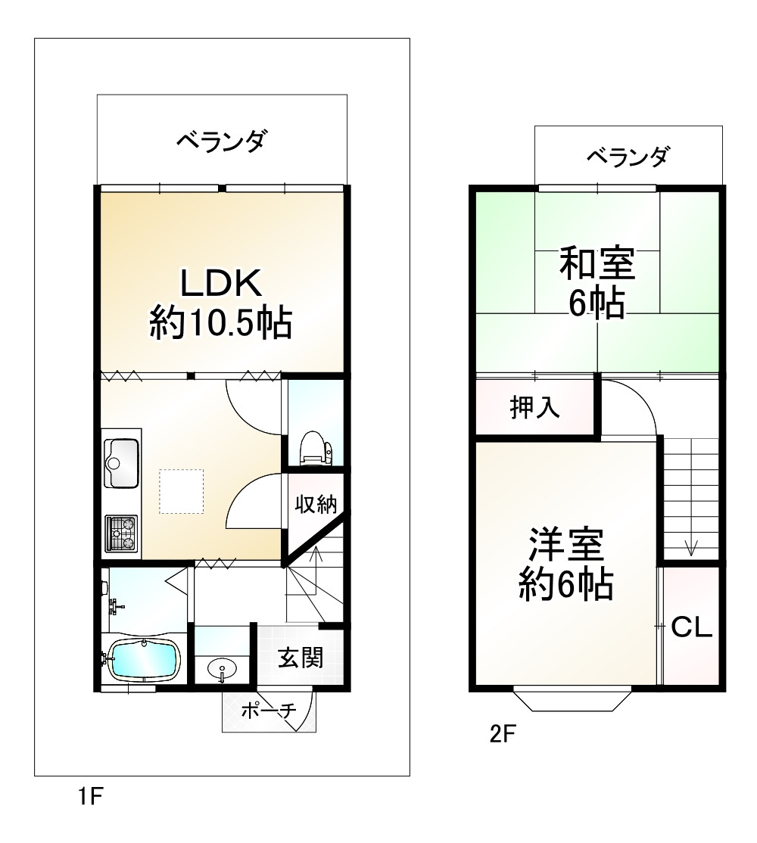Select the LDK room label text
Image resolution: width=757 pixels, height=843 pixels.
point(220,283)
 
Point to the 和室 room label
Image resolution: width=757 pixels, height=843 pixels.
point(597,264)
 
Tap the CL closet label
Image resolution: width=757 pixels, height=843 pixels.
point(692,627)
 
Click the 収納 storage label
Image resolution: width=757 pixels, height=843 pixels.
point(315,504)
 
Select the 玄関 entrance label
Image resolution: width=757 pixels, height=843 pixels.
point(301,658)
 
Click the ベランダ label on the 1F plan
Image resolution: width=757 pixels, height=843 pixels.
point(221,141)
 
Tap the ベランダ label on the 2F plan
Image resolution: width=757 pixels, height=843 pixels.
point(628,157)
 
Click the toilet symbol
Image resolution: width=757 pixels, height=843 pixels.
point(314,446)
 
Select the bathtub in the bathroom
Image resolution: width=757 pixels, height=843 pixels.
point(144,660)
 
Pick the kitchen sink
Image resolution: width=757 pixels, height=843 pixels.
point(121,462)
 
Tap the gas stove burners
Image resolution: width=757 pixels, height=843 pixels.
point(121,533)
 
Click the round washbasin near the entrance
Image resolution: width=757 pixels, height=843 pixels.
point(222,668)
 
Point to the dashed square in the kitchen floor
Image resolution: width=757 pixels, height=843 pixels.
point(181,492)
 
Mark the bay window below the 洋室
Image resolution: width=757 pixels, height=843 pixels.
point(572,700)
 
